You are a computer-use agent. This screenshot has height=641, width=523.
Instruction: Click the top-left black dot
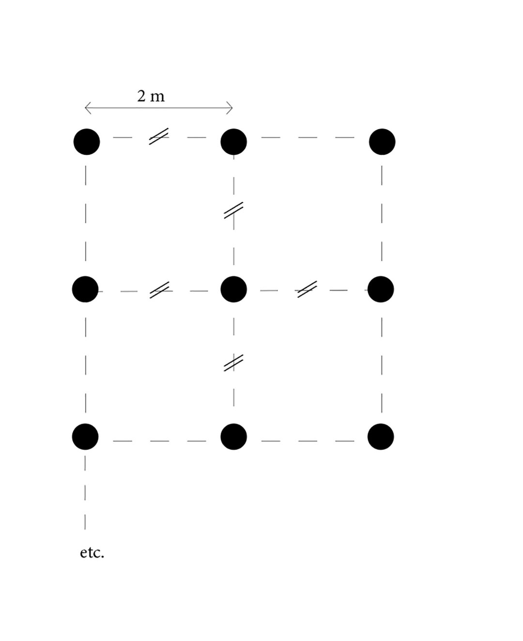click(x=87, y=142)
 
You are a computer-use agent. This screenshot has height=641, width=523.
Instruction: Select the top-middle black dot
click(x=234, y=142)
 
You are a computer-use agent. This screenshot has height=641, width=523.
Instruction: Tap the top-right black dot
click(x=382, y=142)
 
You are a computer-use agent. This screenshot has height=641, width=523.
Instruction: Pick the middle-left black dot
click(x=85, y=289)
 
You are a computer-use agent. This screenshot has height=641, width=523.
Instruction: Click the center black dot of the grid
click(x=234, y=289)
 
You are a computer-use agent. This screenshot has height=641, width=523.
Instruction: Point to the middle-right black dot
click(x=381, y=289)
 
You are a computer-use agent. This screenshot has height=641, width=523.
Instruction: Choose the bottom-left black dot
click(x=85, y=437)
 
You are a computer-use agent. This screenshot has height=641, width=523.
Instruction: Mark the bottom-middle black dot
click(x=234, y=437)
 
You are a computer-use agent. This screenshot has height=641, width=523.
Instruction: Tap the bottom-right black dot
click(x=381, y=437)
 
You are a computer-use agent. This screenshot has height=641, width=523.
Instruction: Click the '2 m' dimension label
click(x=151, y=96)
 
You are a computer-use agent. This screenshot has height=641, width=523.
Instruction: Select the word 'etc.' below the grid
click(x=92, y=553)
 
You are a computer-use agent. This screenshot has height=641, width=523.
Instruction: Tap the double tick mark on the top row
click(x=159, y=136)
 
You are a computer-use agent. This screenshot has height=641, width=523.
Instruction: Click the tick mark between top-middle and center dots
click(x=233, y=210)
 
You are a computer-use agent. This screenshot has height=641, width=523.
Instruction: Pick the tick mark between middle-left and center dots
click(x=159, y=290)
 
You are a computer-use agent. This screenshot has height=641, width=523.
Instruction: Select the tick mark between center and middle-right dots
click(x=308, y=289)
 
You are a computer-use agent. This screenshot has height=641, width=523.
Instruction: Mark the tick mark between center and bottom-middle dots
click(x=233, y=363)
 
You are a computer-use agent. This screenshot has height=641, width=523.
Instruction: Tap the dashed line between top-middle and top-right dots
click(x=308, y=137)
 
